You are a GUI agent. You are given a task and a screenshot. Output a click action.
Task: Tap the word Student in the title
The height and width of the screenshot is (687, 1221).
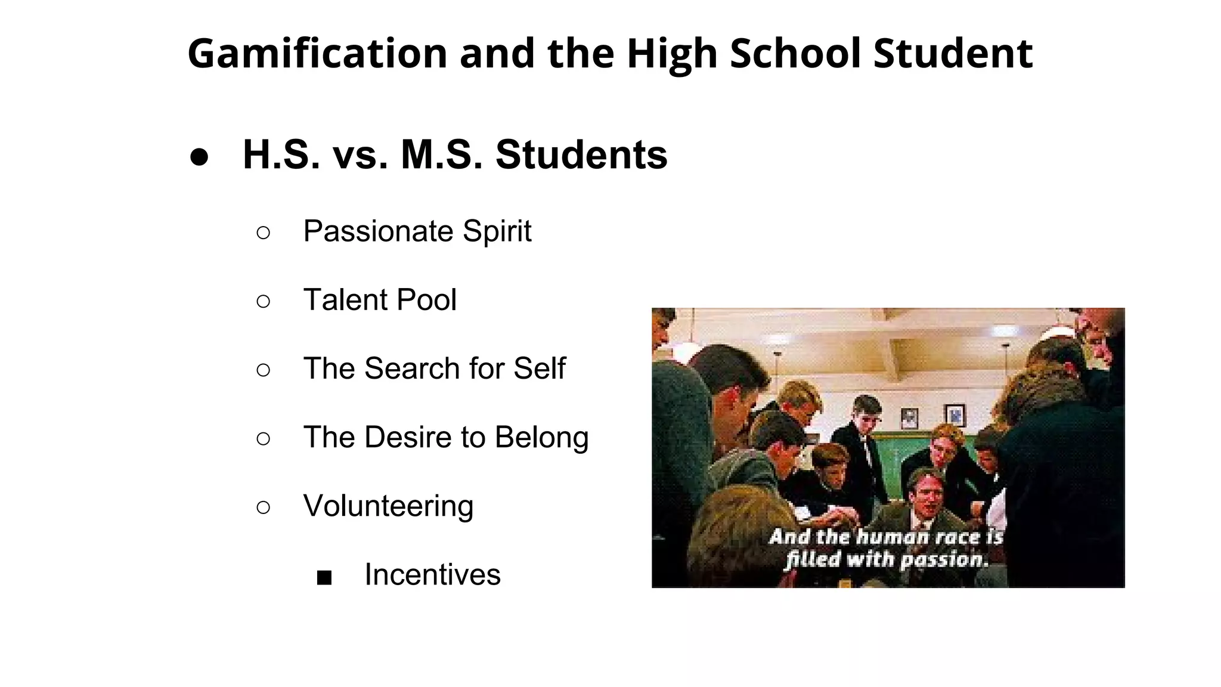coord(953,54)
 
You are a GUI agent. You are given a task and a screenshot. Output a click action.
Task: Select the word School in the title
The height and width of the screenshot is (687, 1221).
coord(795,54)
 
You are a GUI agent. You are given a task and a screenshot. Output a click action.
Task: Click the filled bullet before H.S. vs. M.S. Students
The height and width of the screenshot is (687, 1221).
coord(199,156)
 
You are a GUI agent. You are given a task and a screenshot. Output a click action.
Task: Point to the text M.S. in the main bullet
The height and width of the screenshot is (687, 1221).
coord(441,155)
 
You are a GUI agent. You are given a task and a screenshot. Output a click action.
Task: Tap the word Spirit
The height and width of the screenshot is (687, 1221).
coord(497,231)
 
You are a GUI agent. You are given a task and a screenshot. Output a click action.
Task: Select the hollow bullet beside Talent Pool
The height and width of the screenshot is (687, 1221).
coord(263,301)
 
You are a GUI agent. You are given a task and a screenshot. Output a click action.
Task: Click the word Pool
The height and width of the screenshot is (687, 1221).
coord(426,300)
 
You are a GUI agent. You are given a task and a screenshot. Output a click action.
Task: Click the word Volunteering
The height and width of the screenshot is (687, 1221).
coord(388,506)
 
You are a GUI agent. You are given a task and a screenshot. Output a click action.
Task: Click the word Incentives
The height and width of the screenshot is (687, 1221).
coord(432,575)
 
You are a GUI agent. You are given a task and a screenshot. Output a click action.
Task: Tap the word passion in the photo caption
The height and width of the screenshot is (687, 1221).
coord(944,560)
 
